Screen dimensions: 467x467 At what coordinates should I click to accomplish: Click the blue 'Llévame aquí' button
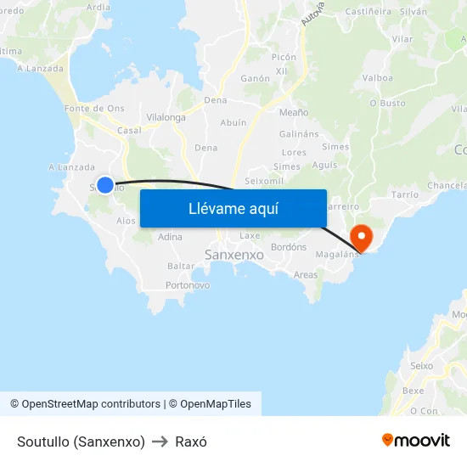[x=233, y=208]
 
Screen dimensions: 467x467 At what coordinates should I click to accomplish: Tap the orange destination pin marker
[x=362, y=237]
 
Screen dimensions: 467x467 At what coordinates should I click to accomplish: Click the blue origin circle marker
[x=104, y=184]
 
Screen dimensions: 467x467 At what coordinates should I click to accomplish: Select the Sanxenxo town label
[x=234, y=254]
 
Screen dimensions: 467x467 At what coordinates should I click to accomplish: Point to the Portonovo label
[x=188, y=285]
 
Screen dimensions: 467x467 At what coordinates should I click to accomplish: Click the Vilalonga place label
[x=166, y=117]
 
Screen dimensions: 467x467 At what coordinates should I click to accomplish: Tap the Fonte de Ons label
[x=94, y=108]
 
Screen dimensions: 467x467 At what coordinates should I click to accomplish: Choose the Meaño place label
[x=294, y=111]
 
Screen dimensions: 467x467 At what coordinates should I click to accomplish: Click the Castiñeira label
[x=369, y=11]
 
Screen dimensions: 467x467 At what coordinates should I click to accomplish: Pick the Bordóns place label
[x=288, y=247]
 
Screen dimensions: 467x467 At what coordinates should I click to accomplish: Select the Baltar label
[x=181, y=266]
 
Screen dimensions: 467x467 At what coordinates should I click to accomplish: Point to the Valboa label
[x=377, y=78]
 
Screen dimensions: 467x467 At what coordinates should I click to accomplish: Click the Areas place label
[x=306, y=275]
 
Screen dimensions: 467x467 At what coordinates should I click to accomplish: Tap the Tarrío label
[x=405, y=194]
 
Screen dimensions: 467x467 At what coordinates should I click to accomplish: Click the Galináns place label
[x=299, y=134]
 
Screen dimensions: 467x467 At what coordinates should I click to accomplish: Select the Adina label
[x=170, y=237]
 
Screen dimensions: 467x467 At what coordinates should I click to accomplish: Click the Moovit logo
[x=416, y=440]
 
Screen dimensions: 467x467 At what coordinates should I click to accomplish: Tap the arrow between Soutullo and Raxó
[x=160, y=442]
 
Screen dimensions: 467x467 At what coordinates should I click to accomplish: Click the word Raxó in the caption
[x=191, y=442]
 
